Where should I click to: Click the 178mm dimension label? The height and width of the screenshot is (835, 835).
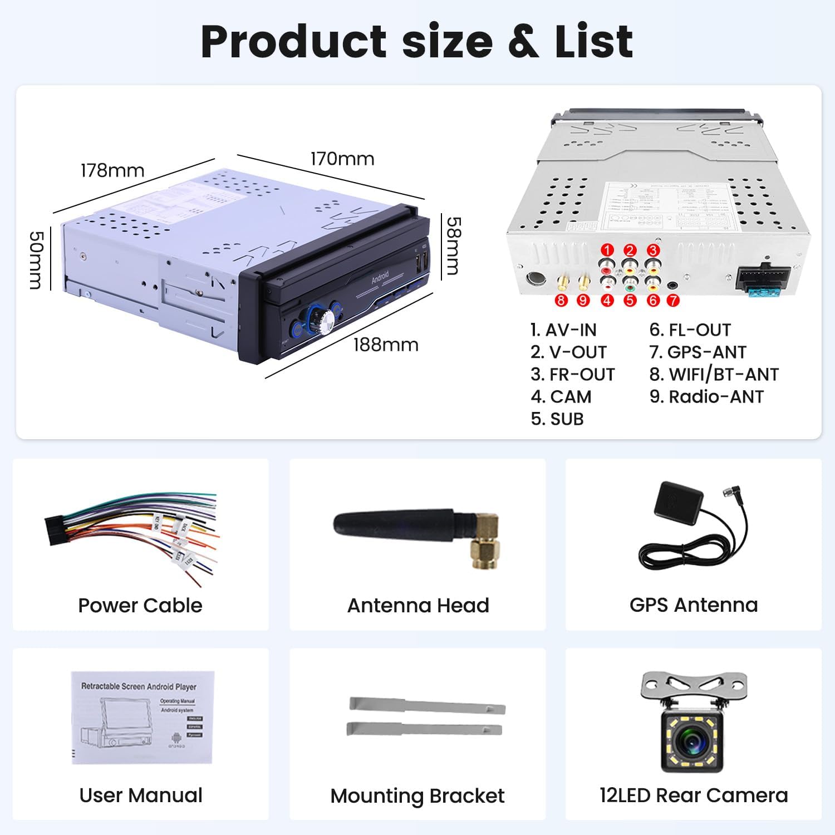coord(112,170)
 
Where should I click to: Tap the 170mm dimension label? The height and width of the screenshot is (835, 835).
coord(342,159)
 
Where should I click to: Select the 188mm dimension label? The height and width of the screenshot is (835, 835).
coord(386,345)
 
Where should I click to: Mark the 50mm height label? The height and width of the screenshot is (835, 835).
coord(36,261)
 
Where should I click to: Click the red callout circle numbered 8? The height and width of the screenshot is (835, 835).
coord(561,301)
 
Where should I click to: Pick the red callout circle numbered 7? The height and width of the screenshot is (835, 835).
coord(673,301)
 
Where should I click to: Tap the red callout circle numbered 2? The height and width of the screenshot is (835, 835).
coord(630,250)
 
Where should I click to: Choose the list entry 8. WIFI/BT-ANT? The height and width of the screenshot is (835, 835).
coord(714,375)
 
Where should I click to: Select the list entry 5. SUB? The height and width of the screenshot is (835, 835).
coord(557,419)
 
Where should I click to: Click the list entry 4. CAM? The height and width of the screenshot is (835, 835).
coord(561,397)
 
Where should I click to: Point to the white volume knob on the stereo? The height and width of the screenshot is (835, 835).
coord(323,320)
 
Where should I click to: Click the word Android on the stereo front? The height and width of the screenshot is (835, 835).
coord(380,277)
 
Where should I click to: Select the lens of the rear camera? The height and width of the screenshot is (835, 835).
coord(692,741)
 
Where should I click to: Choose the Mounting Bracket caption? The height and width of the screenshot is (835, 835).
coord(417,796)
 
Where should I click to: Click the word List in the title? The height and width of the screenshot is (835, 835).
coord(593,42)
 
